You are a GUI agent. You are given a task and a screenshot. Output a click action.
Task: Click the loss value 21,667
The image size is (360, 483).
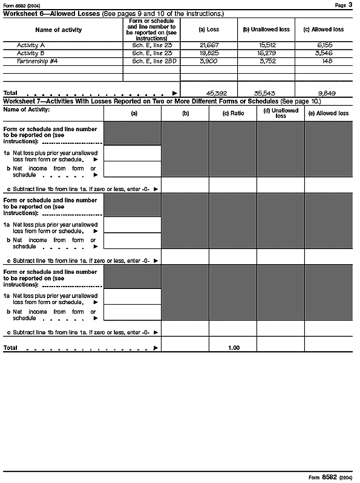point(208,45)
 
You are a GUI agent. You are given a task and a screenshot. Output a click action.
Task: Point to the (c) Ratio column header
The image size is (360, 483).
point(233,113)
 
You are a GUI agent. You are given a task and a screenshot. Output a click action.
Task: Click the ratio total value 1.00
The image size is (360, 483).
point(234,348)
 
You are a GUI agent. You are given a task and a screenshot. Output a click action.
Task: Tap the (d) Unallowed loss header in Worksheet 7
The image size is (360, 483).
point(280,113)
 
